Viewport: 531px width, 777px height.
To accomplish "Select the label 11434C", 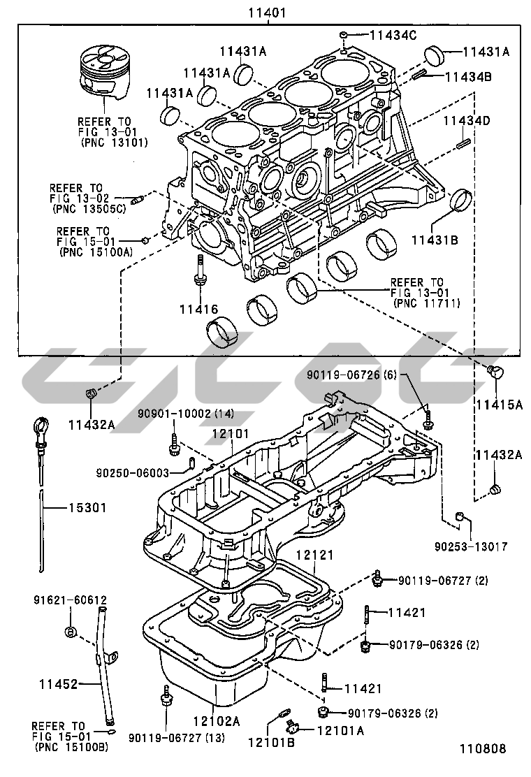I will [x=393, y=35].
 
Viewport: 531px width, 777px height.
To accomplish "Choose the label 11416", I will [x=198, y=309].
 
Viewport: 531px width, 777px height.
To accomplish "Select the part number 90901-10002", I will [x=174, y=414].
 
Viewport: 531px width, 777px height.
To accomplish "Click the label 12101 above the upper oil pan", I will [x=231, y=433].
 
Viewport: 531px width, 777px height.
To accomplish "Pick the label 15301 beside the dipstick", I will [x=87, y=507].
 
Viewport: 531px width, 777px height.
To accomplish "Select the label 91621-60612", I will [x=71, y=600].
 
